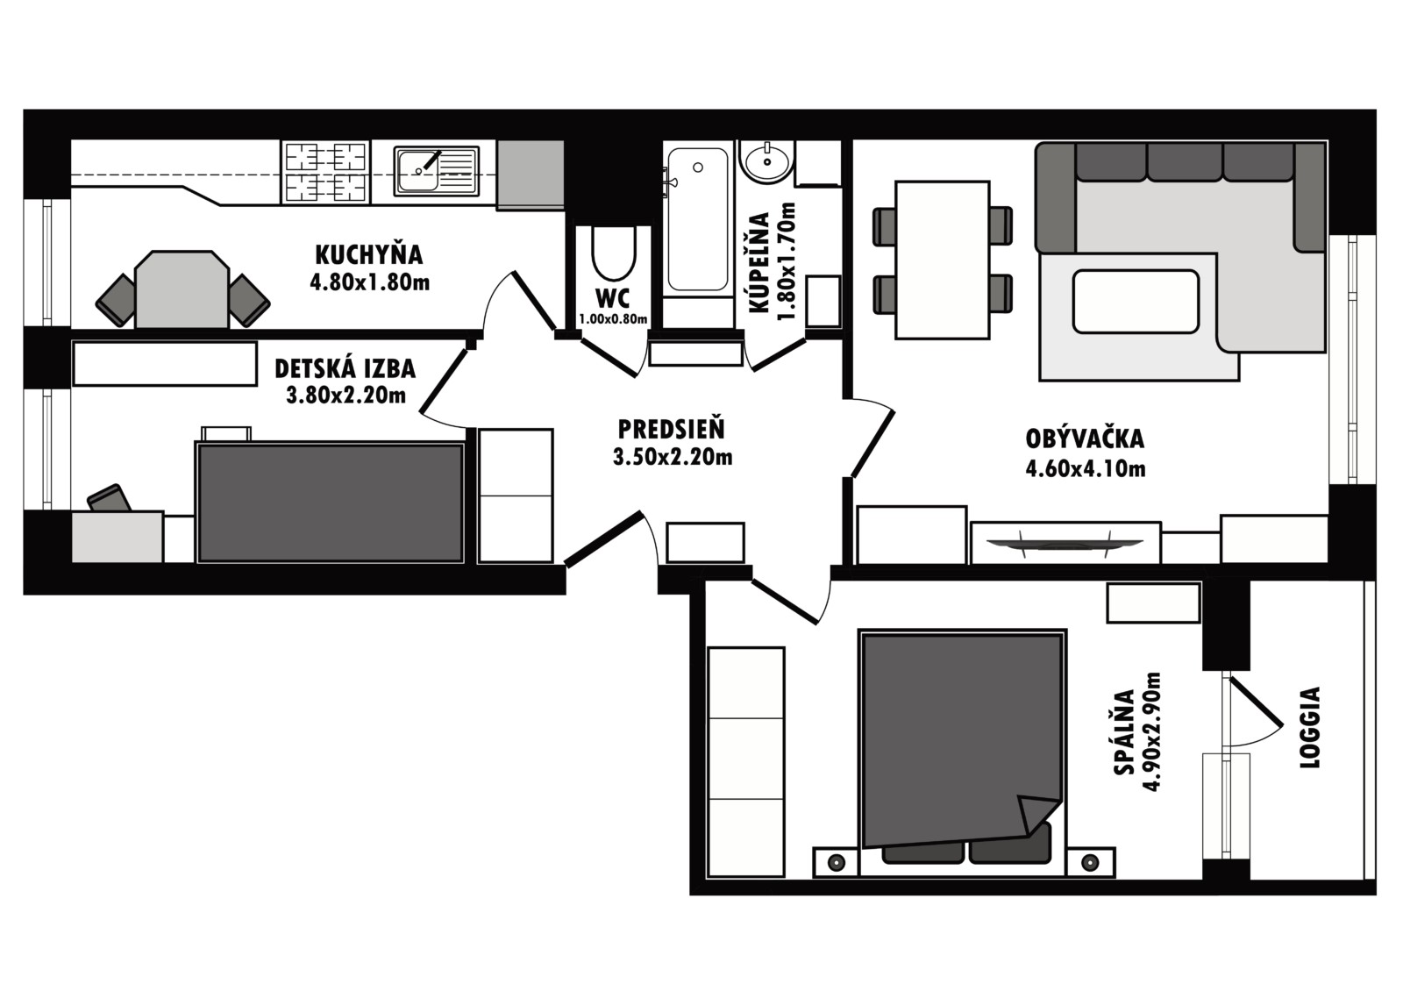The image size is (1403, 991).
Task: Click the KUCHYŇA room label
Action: pos(369,255)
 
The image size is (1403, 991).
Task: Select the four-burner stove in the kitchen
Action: pos(325,172)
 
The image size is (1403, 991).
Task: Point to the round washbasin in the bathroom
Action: pos(766,160)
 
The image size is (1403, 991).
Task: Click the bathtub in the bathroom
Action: pos(698,219)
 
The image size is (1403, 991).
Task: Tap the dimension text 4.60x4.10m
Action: pos(1086,468)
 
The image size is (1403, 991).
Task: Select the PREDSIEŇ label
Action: pos(672,430)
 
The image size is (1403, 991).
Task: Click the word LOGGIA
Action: pos(1310,727)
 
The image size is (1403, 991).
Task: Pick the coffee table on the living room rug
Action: pos(1136,302)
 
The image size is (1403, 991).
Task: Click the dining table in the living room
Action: pos(943,260)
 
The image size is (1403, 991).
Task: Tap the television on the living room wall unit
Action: pos(1065,544)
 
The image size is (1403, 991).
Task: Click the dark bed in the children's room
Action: pos(330,503)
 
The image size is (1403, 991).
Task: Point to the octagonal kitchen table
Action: pos(182,289)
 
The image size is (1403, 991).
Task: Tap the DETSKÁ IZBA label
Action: pos(345,369)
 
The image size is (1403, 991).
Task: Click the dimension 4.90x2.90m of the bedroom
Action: pos(1152,731)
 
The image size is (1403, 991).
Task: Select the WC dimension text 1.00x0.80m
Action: pos(613,319)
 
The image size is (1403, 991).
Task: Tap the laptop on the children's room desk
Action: pos(109,498)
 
